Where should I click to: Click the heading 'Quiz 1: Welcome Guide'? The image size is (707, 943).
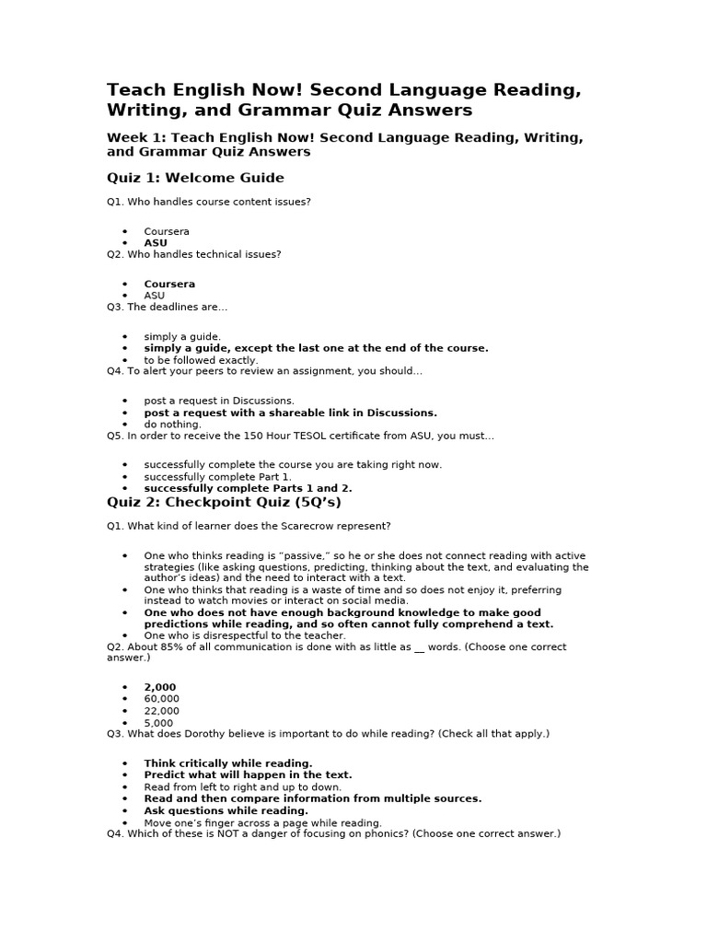[x=195, y=178]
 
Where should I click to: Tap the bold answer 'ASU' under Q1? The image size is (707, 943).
[x=156, y=243]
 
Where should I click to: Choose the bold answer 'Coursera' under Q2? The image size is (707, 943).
[x=169, y=284]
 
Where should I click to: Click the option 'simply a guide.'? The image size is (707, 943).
[x=182, y=336]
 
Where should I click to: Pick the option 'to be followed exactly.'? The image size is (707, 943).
[x=201, y=360]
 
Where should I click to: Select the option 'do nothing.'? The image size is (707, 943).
[x=172, y=425]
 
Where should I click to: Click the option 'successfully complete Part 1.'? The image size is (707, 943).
[x=217, y=476]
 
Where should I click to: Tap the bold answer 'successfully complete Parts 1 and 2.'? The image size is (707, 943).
[x=248, y=488]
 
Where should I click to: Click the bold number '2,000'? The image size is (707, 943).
[x=159, y=687]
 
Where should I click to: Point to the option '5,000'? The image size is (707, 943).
[x=158, y=723]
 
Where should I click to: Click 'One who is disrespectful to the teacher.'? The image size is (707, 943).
[x=245, y=635]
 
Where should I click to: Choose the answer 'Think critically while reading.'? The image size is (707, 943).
[x=228, y=763]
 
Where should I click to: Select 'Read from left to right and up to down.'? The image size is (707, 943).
[x=242, y=786]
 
